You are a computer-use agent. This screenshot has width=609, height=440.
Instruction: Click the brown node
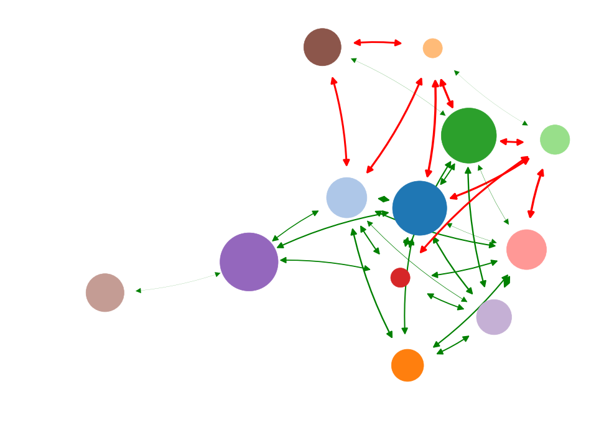pyautogui.click(x=322, y=47)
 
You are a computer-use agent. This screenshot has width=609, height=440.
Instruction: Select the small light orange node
pyautogui.click(x=432, y=48)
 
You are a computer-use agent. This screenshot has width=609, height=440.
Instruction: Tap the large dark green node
pyautogui.click(x=468, y=136)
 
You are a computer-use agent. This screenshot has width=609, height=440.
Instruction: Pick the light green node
pyautogui.click(x=555, y=139)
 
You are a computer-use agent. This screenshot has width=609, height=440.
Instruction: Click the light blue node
pyautogui.click(x=346, y=197)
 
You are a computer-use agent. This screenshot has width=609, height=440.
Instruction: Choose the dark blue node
pyautogui.click(x=420, y=208)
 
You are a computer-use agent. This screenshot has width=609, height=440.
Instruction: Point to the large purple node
pyautogui.click(x=249, y=262)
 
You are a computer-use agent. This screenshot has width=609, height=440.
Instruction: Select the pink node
pyautogui.click(x=526, y=250)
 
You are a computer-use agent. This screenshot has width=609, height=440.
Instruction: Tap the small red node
pyautogui.click(x=400, y=278)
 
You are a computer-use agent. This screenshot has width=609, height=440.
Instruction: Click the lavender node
pyautogui.click(x=494, y=317)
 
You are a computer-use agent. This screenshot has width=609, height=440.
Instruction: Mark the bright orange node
pyautogui.click(x=407, y=365)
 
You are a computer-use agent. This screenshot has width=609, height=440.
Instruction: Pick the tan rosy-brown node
pyautogui.click(x=105, y=293)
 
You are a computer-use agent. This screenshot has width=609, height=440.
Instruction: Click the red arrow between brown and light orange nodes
pyautogui.click(x=378, y=42)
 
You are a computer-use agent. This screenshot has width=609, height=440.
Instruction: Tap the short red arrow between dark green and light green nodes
pyautogui.click(x=512, y=142)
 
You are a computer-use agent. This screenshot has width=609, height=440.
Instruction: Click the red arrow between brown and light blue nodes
pyautogui.click(x=341, y=121)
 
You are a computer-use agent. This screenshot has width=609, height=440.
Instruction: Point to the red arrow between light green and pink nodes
pyautogui.click(x=536, y=194)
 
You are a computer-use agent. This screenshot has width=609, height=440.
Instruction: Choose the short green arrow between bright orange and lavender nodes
pyautogui.click(x=453, y=345)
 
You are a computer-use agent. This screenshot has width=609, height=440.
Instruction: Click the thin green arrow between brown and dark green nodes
pyautogui.click(x=398, y=85)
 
